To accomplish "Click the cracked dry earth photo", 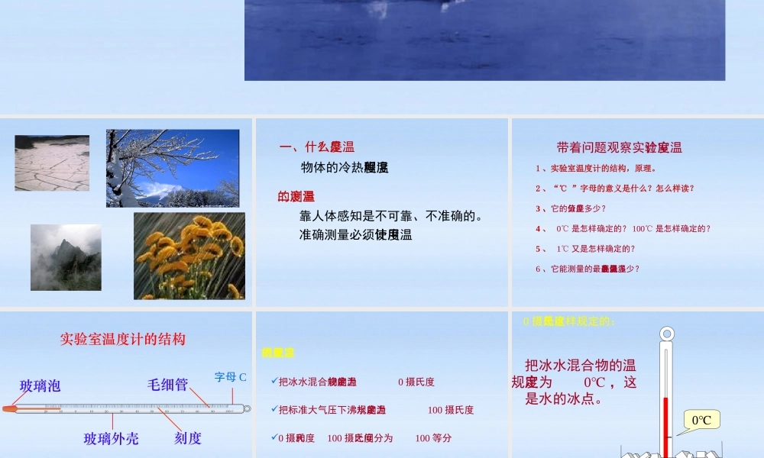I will pyautogui.click(x=52, y=163).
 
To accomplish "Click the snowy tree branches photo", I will pyautogui.click(x=173, y=168).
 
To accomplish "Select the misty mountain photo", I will pyautogui.click(x=66, y=257).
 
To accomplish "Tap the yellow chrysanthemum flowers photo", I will pyautogui.click(x=189, y=256).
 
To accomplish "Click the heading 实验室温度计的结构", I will pyautogui.click(x=123, y=339).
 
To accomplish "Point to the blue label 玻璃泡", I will pyautogui.click(x=40, y=385).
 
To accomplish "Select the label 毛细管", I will pyautogui.click(x=167, y=385).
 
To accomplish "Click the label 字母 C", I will pyautogui.click(x=230, y=377).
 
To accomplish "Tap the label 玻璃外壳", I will pyautogui.click(x=112, y=438).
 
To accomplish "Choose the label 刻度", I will pyautogui.click(x=188, y=438).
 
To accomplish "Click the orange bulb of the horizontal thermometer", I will pyautogui.click(x=8, y=408).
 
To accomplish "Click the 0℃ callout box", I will pyautogui.click(x=701, y=420).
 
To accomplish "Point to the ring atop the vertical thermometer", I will pyautogui.click(x=667, y=334).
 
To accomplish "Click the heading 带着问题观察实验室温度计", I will pyautogui.click(x=619, y=148).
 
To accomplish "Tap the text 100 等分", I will pyautogui.click(x=433, y=438).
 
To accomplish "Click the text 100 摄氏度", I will pyautogui.click(x=451, y=410).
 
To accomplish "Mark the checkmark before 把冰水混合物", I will pyautogui.click(x=274, y=381).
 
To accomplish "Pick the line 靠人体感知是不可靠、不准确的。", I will pyautogui.click(x=391, y=216).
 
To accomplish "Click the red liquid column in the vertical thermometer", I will pyautogui.click(x=666, y=424).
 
